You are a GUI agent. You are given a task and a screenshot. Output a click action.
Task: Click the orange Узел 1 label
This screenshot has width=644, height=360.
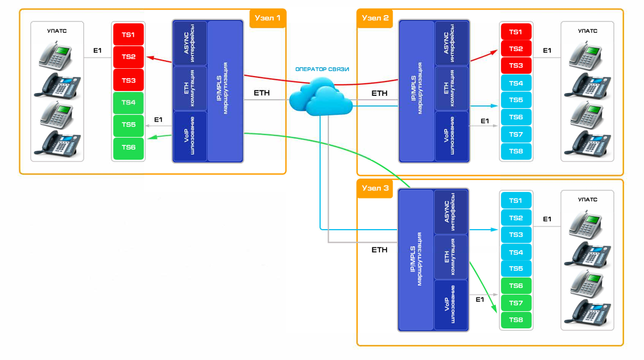[267, 18]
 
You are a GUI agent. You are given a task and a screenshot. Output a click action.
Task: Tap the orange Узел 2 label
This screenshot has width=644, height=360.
[376, 18]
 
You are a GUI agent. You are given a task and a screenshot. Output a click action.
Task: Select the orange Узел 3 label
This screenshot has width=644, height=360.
[376, 188]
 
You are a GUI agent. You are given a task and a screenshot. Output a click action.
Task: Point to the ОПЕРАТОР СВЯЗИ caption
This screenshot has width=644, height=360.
[323, 69]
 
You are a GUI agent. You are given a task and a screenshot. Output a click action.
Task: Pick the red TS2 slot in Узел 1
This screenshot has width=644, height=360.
[128, 57]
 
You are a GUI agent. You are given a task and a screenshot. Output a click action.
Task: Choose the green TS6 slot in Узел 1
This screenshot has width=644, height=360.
[128, 147]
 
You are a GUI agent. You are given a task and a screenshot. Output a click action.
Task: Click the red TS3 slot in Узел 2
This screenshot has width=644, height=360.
[516, 65]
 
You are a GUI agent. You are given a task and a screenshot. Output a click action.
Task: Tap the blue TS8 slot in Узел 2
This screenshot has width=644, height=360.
[516, 151]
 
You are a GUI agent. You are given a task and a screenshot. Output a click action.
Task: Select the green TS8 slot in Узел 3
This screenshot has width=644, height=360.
[516, 320]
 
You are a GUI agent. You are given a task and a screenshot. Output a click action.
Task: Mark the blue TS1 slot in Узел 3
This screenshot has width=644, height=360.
[516, 200]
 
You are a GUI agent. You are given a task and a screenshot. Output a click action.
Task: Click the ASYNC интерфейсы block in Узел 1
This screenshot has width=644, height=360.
[190, 43]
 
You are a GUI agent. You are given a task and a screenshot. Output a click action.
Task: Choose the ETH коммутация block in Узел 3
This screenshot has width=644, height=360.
[451, 257]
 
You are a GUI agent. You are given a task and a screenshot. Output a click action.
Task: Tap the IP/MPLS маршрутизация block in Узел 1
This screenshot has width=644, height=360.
[225, 92]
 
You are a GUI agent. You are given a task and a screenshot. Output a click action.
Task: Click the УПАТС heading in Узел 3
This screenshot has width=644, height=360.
[587, 199]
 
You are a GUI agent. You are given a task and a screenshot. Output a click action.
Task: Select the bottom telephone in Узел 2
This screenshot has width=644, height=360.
[587, 143]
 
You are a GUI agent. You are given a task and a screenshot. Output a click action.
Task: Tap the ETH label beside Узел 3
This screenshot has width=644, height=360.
[379, 250]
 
